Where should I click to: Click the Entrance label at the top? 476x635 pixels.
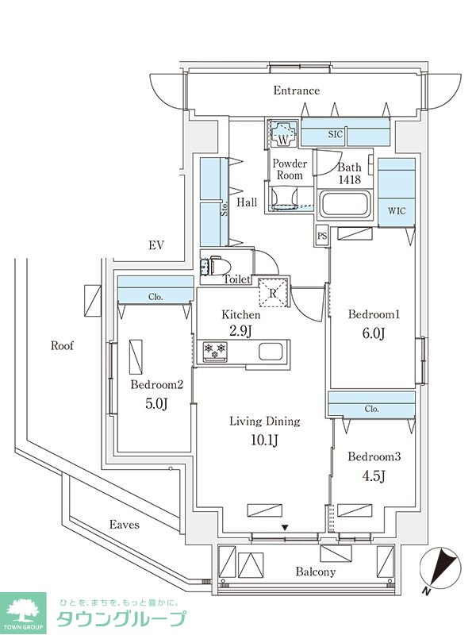tap(297, 90)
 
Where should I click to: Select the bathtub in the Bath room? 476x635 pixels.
tap(344, 206)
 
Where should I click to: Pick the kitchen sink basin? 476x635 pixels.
tap(269, 350)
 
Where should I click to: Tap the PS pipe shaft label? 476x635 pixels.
tap(321, 236)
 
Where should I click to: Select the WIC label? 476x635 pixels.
tap(397, 211)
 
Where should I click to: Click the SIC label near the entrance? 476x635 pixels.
tap(335, 135)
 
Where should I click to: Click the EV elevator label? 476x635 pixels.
tap(155, 245)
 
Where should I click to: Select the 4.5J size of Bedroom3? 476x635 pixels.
tap(374, 476)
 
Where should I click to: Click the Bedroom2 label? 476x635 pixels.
tap(157, 385)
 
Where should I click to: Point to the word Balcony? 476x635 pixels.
tap(316, 571)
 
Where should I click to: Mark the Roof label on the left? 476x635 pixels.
tap(62, 345)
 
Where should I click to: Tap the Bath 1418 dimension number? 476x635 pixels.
tap(349, 180)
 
